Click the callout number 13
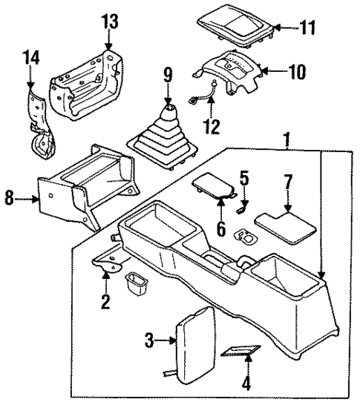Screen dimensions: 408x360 coord(109,22)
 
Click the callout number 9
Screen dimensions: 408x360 coord(168,76)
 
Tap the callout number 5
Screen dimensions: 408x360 coord(243,178)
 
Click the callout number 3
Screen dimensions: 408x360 coord(150,340)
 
